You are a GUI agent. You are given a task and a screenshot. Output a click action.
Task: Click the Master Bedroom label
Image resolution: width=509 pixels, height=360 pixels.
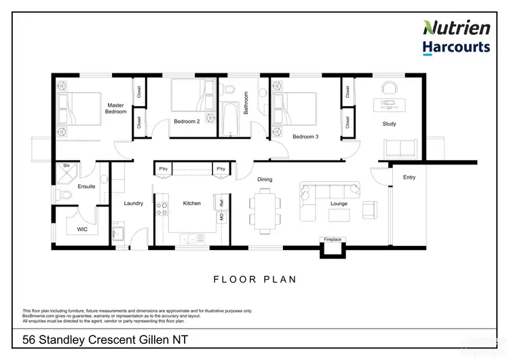(116, 108)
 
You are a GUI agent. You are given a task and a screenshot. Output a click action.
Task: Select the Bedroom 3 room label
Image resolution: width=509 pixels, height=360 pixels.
(305, 137)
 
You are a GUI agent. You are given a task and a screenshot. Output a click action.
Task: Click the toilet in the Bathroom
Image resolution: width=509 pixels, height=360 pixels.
(229, 88)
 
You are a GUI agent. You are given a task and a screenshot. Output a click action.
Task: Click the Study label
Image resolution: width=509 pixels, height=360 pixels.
(389, 124)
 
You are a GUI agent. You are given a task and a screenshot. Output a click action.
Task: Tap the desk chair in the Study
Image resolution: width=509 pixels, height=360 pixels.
(389, 88)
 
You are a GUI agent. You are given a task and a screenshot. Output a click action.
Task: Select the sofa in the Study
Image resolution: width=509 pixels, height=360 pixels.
(400, 148)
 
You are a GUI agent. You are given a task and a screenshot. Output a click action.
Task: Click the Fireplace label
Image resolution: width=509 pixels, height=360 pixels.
(332, 239)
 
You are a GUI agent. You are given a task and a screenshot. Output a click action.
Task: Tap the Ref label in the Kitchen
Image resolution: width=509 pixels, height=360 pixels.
(221, 202)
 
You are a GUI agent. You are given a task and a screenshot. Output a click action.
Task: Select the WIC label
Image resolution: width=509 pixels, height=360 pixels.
(83, 230)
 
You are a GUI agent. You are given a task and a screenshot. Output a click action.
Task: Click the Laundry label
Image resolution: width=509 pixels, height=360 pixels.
(133, 203)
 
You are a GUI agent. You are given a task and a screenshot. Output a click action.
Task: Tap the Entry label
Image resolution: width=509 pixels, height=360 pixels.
(409, 178)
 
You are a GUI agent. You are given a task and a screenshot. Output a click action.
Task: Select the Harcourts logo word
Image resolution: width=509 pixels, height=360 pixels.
(457, 47)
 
